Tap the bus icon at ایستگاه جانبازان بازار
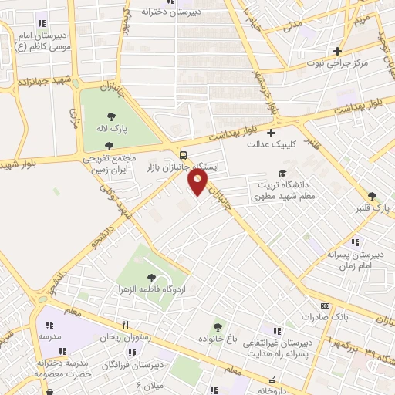pos(183,153)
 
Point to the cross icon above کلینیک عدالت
pos(271,133)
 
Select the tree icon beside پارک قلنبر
pos(373,196)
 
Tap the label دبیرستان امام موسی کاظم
pos(40,41)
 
